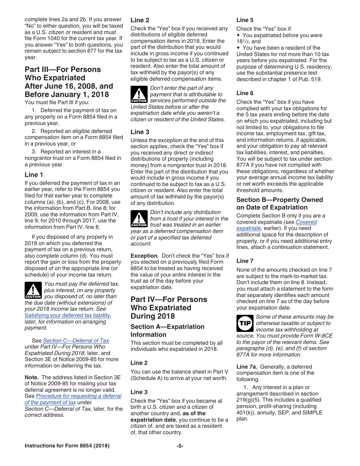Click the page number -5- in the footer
[x=180, y=446]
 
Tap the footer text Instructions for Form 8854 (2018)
[x=67, y=446]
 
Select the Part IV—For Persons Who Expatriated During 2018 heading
[x=169, y=308]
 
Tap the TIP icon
[x=245, y=324]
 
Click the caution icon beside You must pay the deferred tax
[x=33, y=290]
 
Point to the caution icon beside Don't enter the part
[x=139, y=95]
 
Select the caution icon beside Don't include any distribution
[x=139, y=219]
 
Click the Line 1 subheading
[x=34, y=175]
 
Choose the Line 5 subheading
[x=245, y=20]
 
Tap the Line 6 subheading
[x=245, y=93]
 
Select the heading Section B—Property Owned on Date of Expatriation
[x=280, y=203]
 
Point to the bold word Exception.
[x=144, y=256]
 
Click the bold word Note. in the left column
[x=31, y=377]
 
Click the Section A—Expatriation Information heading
[x=167, y=330]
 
